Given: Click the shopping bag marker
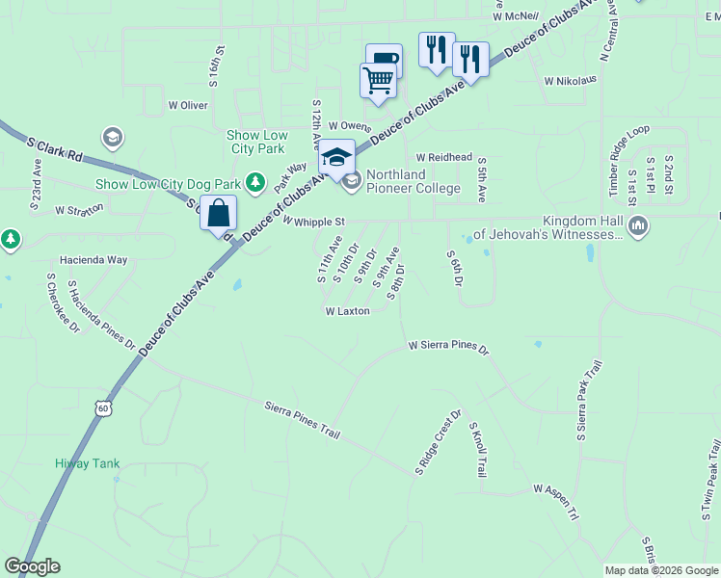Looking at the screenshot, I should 219,212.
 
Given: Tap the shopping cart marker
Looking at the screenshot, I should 378,80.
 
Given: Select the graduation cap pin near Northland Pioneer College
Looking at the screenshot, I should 337,156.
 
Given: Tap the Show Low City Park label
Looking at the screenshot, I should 258,142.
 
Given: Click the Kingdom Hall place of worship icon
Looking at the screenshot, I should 637,225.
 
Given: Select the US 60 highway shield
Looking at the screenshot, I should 102,409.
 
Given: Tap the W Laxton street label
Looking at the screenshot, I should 348,311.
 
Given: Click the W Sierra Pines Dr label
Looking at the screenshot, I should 449,345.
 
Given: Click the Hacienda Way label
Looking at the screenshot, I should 93,260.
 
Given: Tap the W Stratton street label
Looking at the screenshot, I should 79,209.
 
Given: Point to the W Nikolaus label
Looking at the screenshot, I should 577,81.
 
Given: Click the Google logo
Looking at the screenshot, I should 32,566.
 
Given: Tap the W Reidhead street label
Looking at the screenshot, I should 444,157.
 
